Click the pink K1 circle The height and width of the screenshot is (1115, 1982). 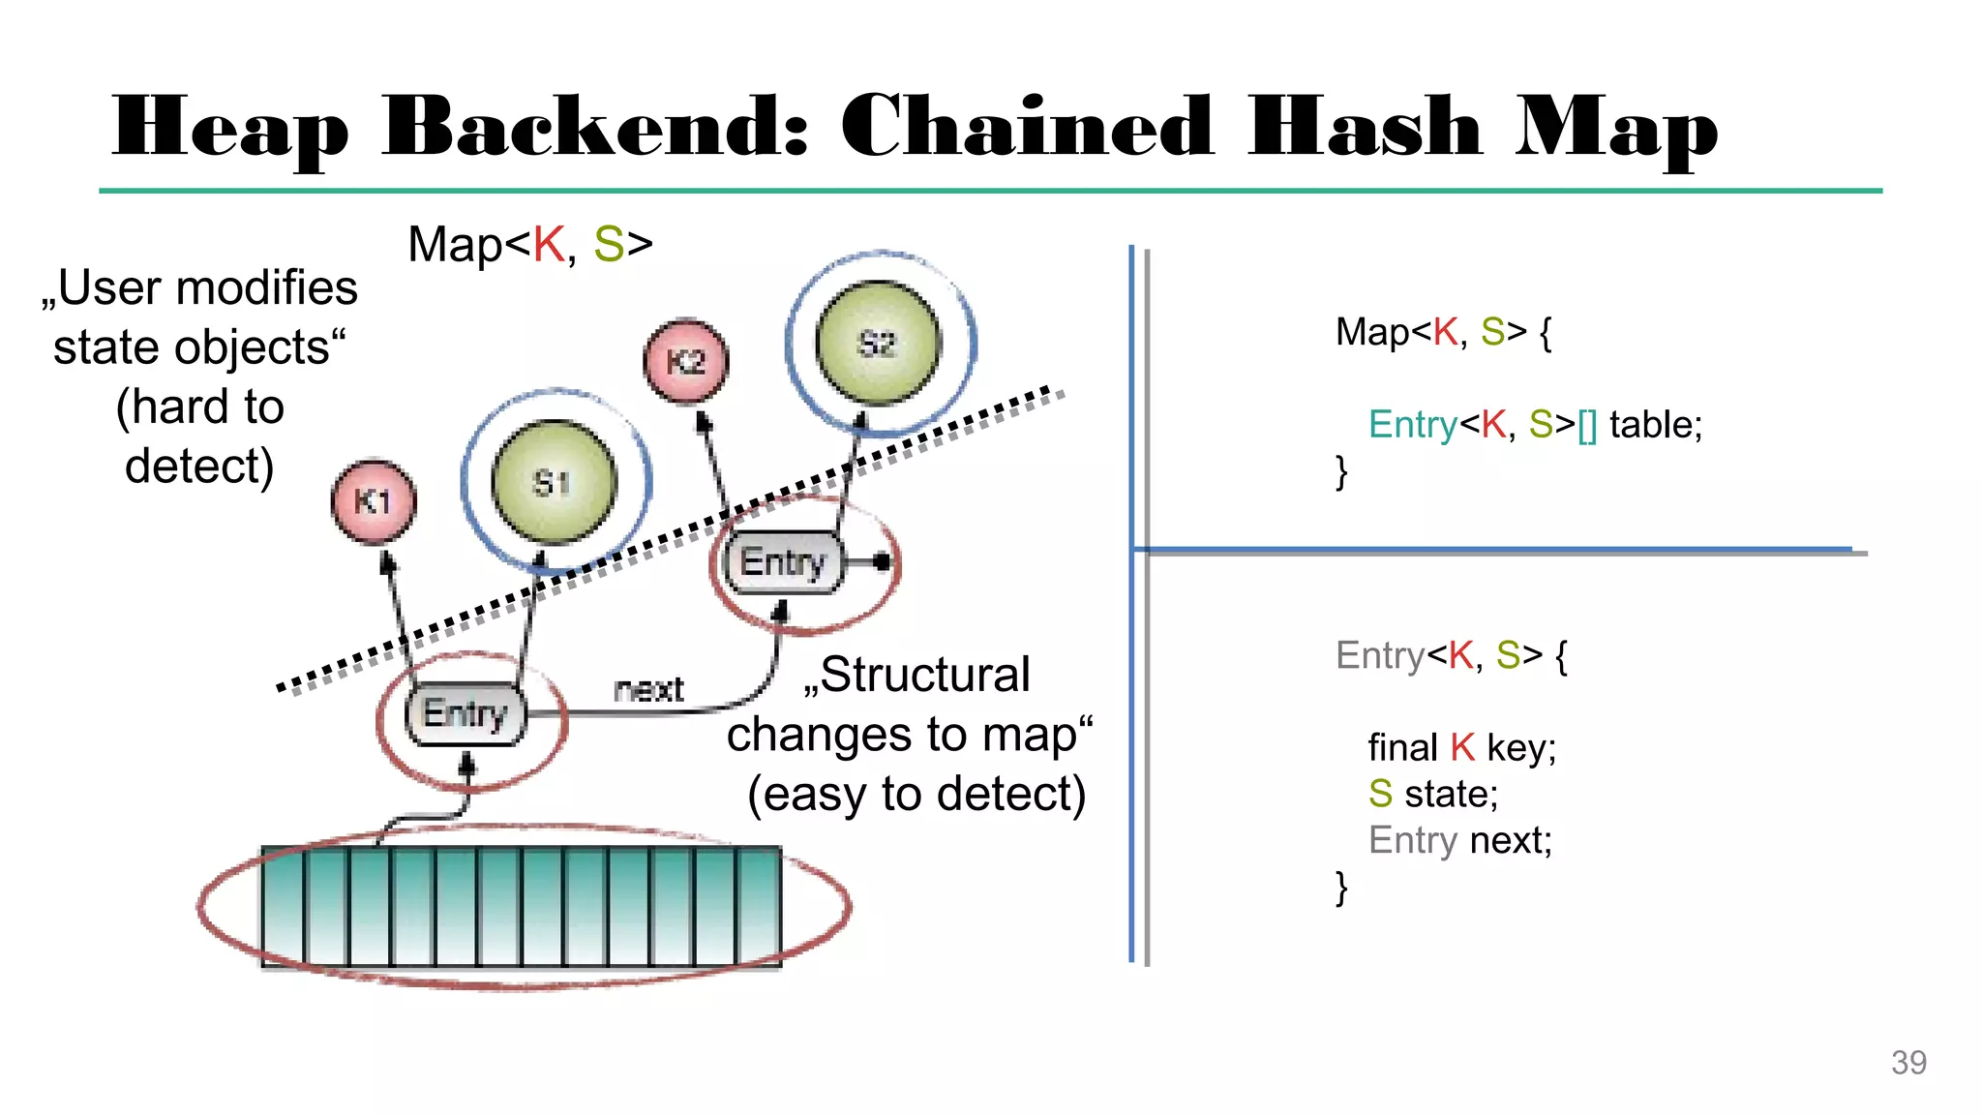point(374,501)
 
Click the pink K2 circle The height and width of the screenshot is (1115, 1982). point(686,361)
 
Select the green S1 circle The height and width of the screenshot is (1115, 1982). point(554,482)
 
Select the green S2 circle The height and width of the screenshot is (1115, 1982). point(878,343)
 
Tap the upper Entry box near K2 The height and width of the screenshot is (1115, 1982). point(783,562)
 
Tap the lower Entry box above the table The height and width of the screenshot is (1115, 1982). point(465,714)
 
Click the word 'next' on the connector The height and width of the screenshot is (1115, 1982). point(648,689)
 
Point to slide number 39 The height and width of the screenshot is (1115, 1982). point(1908,1063)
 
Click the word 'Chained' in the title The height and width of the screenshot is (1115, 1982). point(1026,128)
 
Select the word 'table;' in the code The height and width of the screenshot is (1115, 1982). point(1655,425)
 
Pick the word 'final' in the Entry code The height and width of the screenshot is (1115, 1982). point(1402,748)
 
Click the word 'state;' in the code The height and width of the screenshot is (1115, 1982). point(1451,795)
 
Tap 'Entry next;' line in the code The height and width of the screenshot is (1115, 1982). point(1459,840)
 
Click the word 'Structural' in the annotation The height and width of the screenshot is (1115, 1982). point(924,675)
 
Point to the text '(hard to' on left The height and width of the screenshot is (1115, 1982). point(200,407)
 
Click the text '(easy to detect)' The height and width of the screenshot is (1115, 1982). point(916,794)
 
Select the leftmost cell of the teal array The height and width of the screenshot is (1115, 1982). point(284,907)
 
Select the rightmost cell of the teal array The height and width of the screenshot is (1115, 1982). point(760,907)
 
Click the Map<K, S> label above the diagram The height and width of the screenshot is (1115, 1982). point(530,244)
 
